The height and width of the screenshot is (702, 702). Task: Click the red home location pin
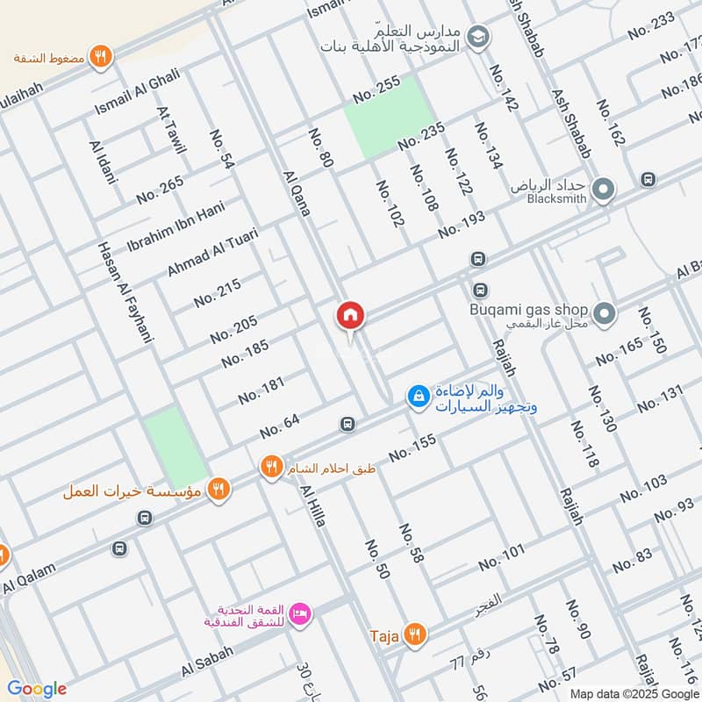[x=351, y=315]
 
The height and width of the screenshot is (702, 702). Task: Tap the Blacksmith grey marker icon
[x=603, y=189]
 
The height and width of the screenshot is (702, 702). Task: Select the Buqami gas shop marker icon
[x=603, y=312]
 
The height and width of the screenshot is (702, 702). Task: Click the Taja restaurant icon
[x=416, y=634]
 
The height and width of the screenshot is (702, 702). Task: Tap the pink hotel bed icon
[x=300, y=612]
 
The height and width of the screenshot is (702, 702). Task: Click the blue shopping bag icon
[x=419, y=397]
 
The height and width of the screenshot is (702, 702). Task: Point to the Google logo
[x=37, y=688]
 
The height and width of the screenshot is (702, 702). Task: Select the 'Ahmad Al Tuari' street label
[x=213, y=253]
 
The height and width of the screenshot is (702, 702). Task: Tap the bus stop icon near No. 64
[x=347, y=424]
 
